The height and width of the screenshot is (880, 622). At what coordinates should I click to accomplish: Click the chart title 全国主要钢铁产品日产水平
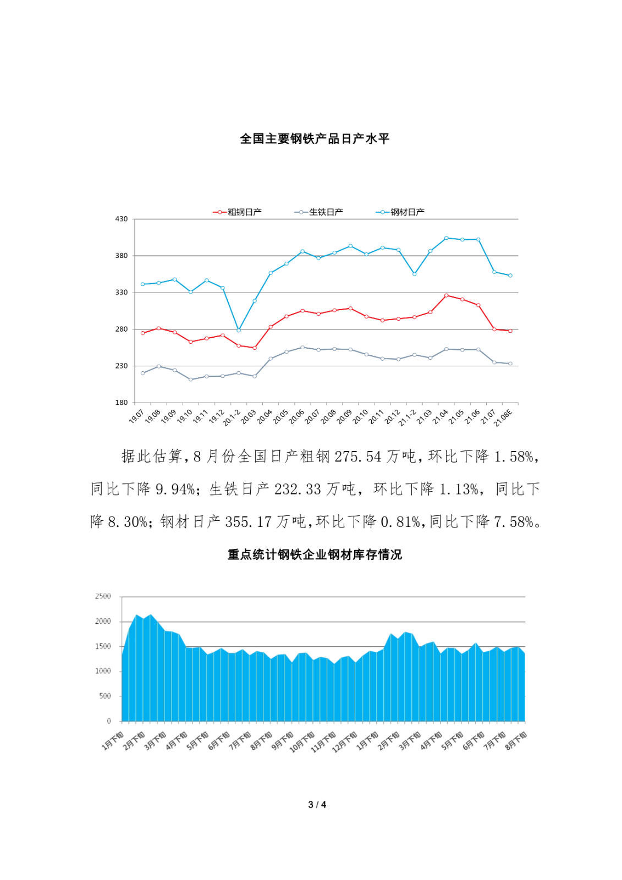coord(315,139)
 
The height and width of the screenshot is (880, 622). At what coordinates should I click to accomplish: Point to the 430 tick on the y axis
coord(121,219)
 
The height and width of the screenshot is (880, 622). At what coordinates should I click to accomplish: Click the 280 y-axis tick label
coord(121,329)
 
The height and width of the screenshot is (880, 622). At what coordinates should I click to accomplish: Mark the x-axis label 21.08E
coord(503,418)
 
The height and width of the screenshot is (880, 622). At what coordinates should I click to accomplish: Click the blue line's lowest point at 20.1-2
coord(239,330)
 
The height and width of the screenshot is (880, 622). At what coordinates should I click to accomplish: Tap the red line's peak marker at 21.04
coord(446,295)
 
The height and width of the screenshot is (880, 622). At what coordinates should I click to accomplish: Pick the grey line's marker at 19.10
coord(191,380)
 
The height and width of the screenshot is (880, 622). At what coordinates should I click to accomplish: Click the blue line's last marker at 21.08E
coord(510,276)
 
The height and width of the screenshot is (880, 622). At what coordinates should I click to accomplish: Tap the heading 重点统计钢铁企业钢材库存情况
coord(315,554)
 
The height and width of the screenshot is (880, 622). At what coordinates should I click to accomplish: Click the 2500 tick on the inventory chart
coord(103,596)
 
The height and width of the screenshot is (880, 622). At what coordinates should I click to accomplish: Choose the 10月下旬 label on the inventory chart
coord(302,742)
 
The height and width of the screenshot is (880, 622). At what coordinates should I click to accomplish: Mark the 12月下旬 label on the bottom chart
coord(345,742)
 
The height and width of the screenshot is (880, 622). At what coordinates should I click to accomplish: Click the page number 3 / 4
coord(317,805)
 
